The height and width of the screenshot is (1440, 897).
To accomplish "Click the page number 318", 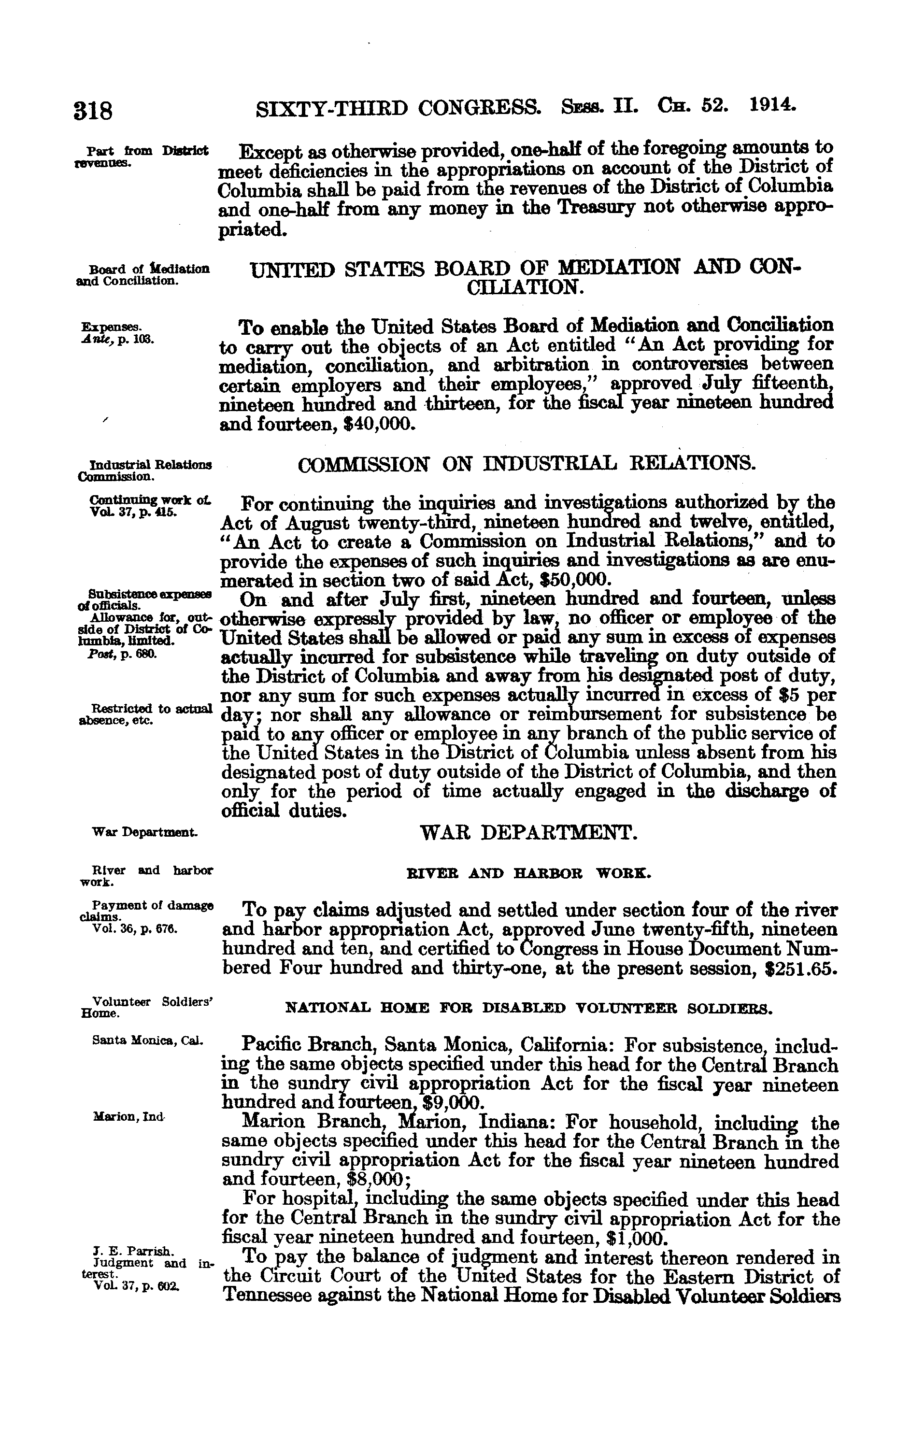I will tap(93, 111).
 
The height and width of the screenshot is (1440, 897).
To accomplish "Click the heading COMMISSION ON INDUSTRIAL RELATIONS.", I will tap(527, 464).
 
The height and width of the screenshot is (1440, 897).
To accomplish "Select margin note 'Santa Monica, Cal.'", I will tap(148, 1041).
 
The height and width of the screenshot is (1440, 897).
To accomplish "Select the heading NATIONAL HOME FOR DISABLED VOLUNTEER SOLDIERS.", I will tap(528, 1008).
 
